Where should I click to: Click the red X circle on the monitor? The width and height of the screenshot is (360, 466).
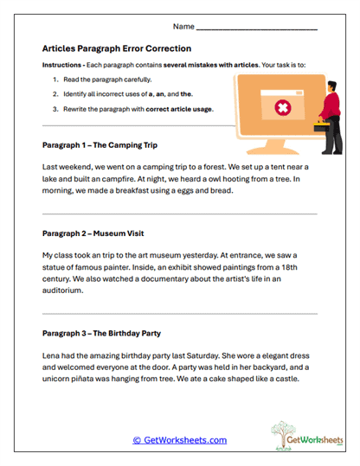[x=281, y=107]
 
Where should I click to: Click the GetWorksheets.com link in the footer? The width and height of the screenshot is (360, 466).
[x=179, y=440]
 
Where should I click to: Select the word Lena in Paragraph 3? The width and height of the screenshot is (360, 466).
[x=53, y=354]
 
